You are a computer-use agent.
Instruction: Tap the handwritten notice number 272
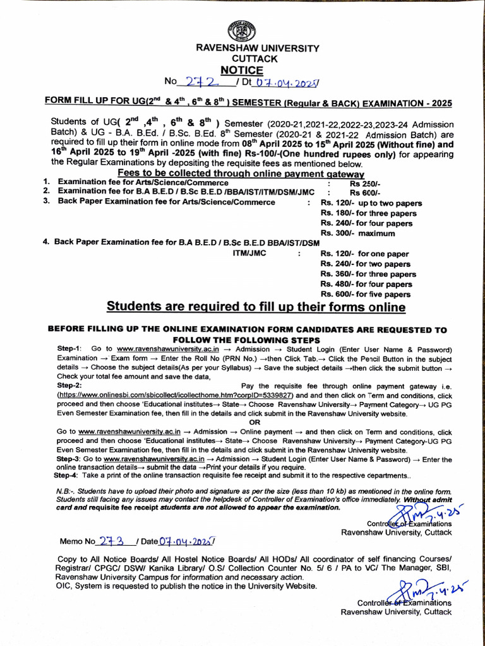tap(200, 81)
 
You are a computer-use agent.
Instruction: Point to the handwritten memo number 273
tap(114, 541)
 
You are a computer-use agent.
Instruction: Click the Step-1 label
tap(69, 349)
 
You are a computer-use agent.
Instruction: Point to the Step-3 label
tap(69, 460)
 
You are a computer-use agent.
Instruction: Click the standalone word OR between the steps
tap(254, 422)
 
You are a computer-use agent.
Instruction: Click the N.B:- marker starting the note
tap(69, 490)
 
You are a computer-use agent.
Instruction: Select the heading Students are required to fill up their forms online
tap(255, 307)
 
